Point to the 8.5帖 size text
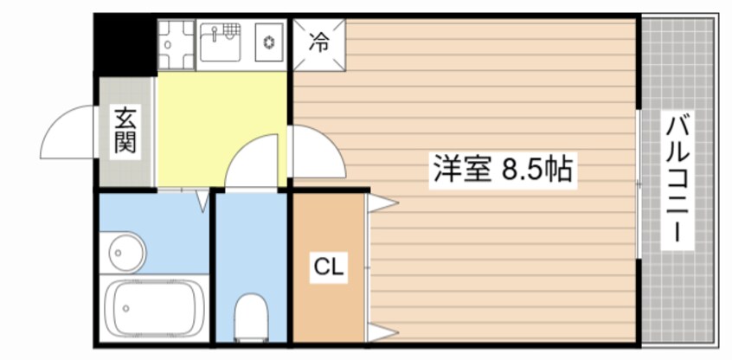pyautogui.click(x=537, y=169)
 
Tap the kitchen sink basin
pyautogui.click(x=220, y=42)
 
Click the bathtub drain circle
pyautogui.click(x=125, y=307)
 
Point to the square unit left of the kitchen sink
pyautogui.click(x=177, y=42)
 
